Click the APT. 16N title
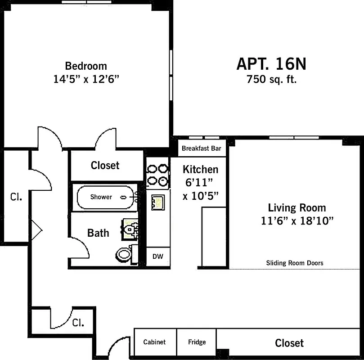271,64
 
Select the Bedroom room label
86,66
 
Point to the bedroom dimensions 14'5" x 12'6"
86,79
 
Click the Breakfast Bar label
201,148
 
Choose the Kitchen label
200,169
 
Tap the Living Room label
297,208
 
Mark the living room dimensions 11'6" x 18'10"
297,221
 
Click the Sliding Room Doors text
294,263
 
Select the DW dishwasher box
157,256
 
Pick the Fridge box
197,342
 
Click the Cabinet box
154,342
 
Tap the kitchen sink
158,202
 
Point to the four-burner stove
157,174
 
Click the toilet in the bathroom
125,254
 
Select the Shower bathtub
106,197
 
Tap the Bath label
98,233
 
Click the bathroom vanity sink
130,229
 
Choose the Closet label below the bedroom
105,165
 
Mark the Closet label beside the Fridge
289,343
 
